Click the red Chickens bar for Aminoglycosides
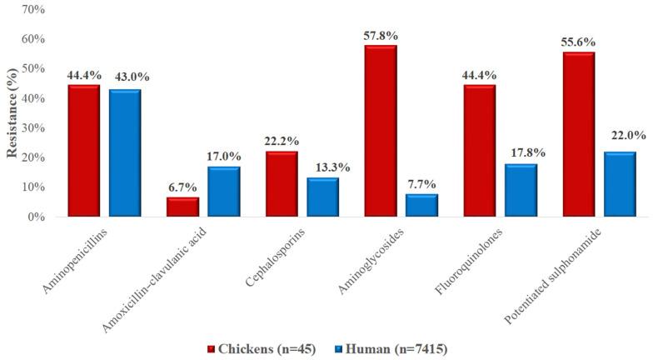click(380, 131)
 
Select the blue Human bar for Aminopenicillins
click(124, 152)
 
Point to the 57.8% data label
click(380, 37)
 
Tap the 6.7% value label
click(182, 187)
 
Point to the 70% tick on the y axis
click(34, 10)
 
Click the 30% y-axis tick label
click(34, 127)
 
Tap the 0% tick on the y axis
click(37, 217)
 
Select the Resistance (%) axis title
click(12, 112)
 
